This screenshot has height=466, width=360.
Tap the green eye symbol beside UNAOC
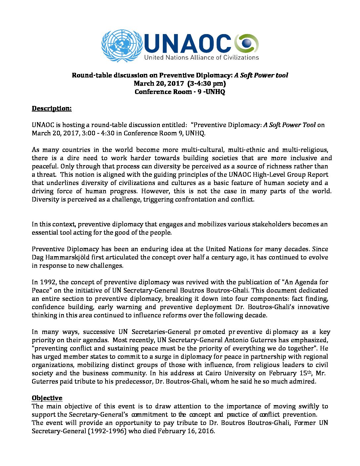click(247, 43)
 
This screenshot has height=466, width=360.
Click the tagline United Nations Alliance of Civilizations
click(201, 58)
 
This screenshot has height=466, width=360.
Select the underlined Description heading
click(52, 109)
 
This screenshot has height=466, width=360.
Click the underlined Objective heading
click(47, 398)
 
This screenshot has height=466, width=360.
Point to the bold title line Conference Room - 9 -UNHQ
click(180, 92)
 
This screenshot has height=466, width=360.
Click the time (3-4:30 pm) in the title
click(206, 84)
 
